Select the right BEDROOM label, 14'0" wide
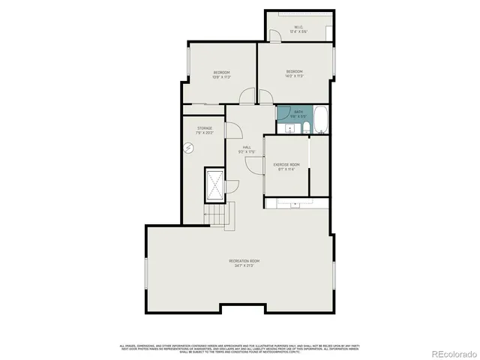295,73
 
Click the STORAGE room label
205,128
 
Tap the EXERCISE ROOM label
286,164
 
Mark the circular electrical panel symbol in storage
187,148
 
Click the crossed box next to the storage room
214,183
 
